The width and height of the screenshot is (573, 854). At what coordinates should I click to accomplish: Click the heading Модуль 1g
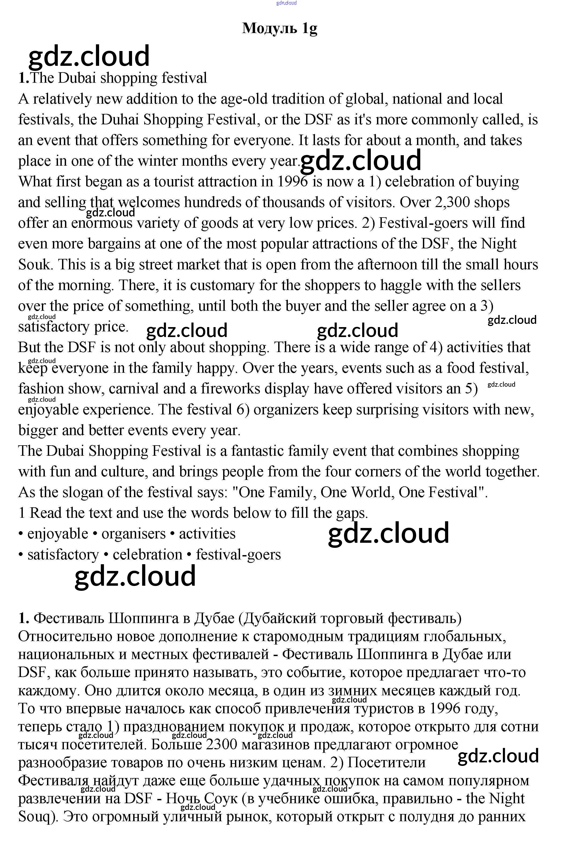(x=280, y=28)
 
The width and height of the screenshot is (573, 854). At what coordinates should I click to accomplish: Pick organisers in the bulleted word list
(x=133, y=534)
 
